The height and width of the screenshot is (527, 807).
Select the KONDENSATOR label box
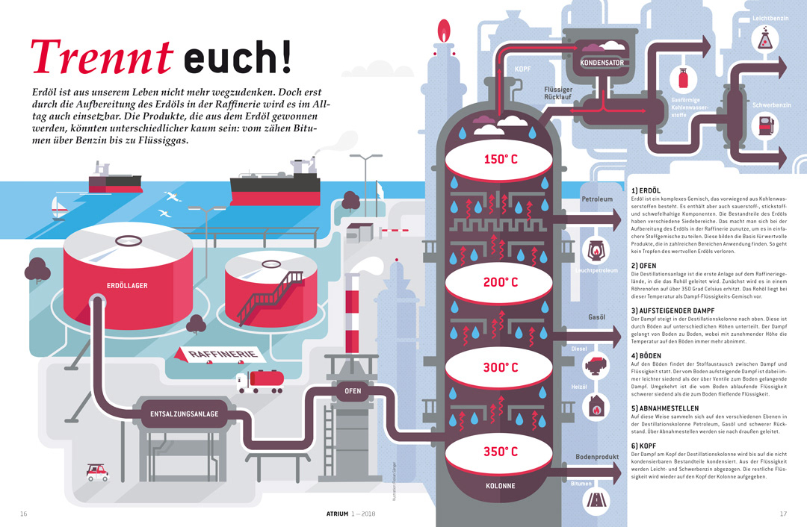pyautogui.click(x=602, y=63)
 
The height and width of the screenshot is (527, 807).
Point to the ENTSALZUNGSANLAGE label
pyautogui.click(x=185, y=414)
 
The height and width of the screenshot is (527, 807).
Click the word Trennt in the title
pyautogui.click(x=102, y=58)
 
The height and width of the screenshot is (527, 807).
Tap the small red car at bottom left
pyautogui.click(x=97, y=472)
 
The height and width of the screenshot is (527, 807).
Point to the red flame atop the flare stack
pyautogui.click(x=445, y=32)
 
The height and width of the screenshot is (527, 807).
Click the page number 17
pyautogui.click(x=783, y=514)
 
